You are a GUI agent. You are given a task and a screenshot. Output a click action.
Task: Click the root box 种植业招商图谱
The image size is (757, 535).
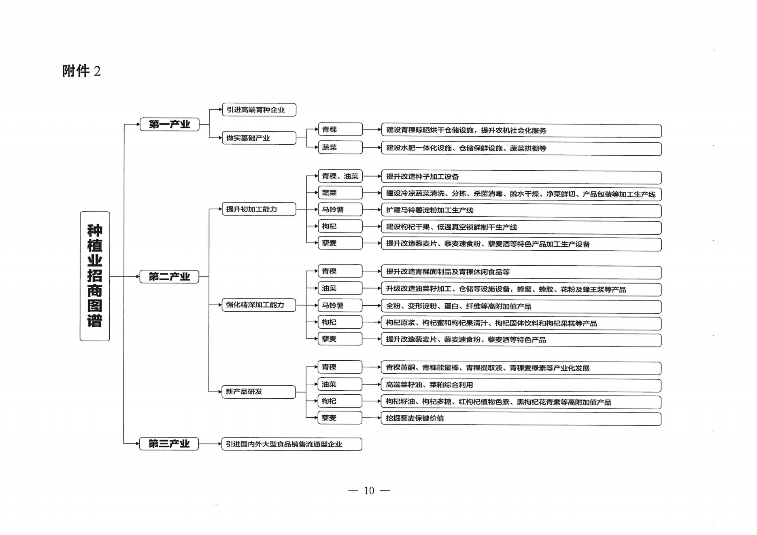[95, 276]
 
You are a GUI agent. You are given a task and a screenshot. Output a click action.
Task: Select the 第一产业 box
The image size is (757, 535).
[170, 124]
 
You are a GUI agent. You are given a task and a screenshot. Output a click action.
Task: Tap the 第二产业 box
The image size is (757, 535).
[169, 277]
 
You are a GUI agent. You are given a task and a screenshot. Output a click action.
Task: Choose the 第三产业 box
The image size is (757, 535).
[169, 444]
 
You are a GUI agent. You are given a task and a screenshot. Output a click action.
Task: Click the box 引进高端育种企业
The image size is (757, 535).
[259, 110]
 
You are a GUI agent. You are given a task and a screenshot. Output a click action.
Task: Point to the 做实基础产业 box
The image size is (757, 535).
[259, 138]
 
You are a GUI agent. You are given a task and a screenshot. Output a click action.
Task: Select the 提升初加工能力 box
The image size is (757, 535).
[259, 209]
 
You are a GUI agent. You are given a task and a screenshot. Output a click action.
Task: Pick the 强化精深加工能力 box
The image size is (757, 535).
[259, 305]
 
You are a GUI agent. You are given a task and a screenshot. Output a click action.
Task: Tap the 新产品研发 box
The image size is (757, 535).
[259, 392]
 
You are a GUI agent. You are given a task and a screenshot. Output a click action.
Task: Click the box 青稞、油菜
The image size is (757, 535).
[340, 176]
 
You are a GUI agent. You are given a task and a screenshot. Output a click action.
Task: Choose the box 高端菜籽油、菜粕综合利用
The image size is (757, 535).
[521, 385]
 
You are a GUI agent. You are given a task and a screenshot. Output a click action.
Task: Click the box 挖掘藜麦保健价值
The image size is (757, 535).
[521, 419]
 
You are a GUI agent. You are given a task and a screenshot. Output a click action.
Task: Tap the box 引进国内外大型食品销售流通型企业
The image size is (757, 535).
[292, 444]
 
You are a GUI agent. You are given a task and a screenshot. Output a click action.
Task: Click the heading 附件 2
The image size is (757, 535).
[81, 71]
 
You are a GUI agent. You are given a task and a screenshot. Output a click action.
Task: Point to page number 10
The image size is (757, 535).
[369, 491]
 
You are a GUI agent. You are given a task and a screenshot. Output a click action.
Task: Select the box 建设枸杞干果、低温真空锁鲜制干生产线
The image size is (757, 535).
[521, 228]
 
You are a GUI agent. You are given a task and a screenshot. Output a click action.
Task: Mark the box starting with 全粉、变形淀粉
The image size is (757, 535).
[521, 307]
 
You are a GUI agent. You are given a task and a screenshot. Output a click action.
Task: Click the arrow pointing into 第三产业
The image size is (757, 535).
[132, 444]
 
